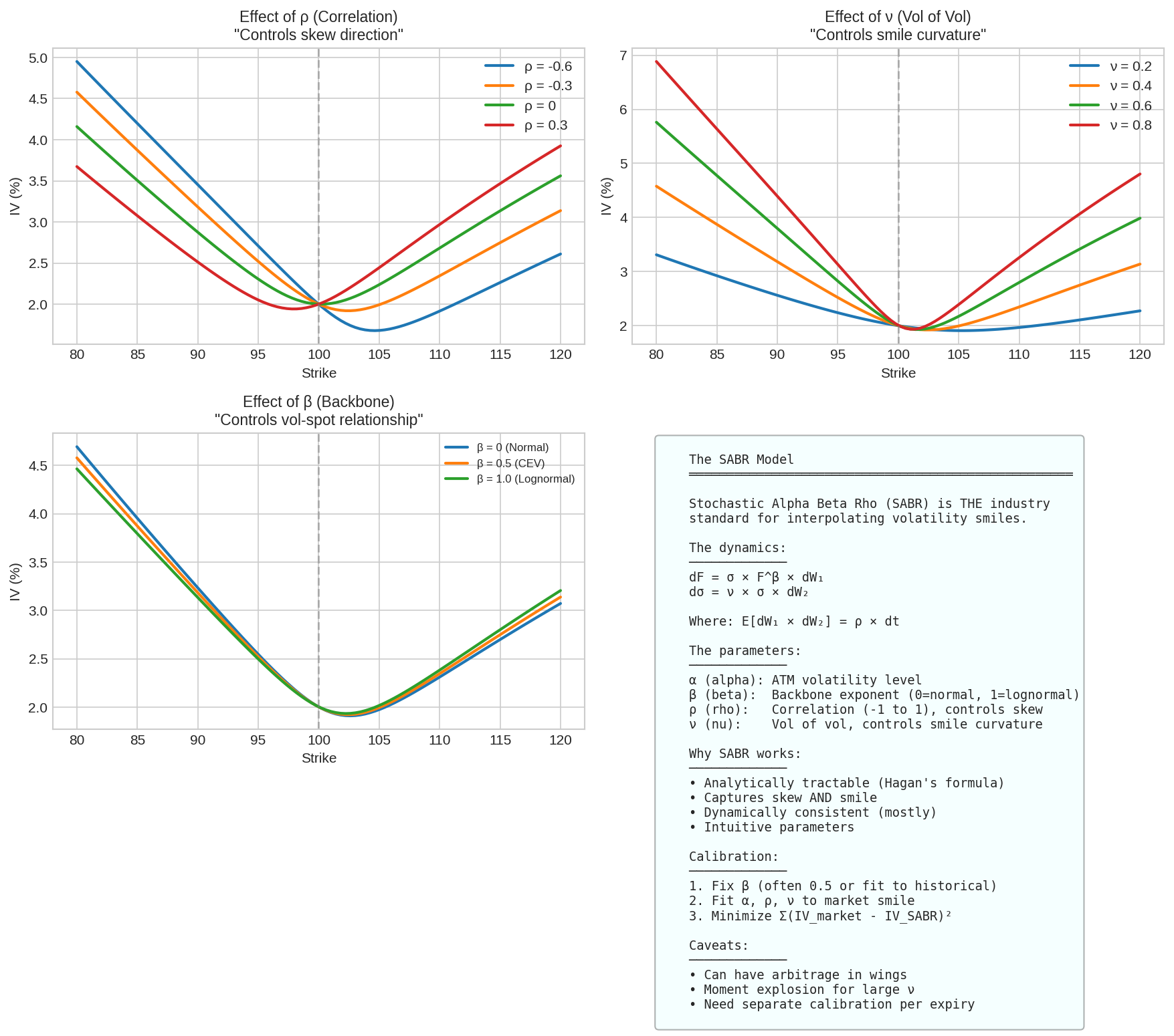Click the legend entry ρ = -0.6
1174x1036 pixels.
[528, 66]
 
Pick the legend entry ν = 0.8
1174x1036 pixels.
[1110, 125]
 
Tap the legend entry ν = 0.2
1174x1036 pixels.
[1110, 66]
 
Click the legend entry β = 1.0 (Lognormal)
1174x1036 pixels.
[510, 479]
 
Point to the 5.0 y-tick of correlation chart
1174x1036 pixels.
[39, 58]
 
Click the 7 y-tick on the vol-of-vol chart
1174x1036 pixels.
[623, 55]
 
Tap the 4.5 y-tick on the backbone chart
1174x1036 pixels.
[39, 466]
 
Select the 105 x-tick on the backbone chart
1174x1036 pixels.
[379, 740]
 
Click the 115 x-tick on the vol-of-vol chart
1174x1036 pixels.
[1080, 355]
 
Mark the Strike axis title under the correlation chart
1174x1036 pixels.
[319, 373]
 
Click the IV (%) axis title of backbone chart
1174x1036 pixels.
[15, 581]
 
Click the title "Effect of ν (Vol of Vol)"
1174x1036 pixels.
[898, 17]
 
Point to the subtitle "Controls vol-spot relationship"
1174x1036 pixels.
[319, 420]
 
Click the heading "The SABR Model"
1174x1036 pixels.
[741, 459]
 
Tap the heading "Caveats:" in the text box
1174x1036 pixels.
[719, 945]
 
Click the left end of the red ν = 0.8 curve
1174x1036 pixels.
[656, 61]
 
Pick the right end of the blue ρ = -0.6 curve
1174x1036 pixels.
[561, 254]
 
